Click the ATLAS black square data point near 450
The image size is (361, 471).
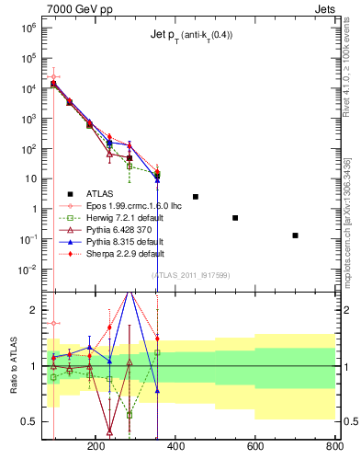point(196,197)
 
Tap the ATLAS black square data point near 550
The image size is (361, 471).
point(235,218)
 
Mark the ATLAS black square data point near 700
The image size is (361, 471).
point(295,235)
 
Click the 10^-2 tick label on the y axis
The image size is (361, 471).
point(25,270)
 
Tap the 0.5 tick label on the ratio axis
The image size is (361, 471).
point(28,421)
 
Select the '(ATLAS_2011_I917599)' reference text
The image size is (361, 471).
point(190,275)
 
